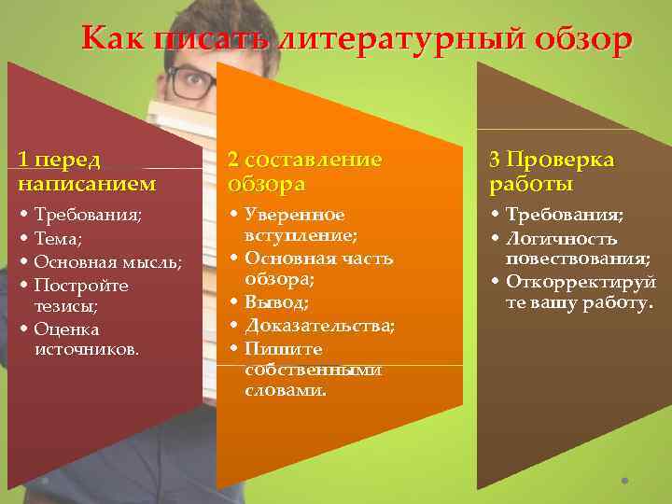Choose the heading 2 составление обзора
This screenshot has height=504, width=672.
[305, 170]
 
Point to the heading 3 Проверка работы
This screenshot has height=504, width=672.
[551, 170]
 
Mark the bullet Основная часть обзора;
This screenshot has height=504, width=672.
[317, 268]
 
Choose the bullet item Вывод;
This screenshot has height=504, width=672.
[276, 301]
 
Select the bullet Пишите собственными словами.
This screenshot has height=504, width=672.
[313, 370]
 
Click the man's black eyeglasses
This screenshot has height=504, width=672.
[190, 84]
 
